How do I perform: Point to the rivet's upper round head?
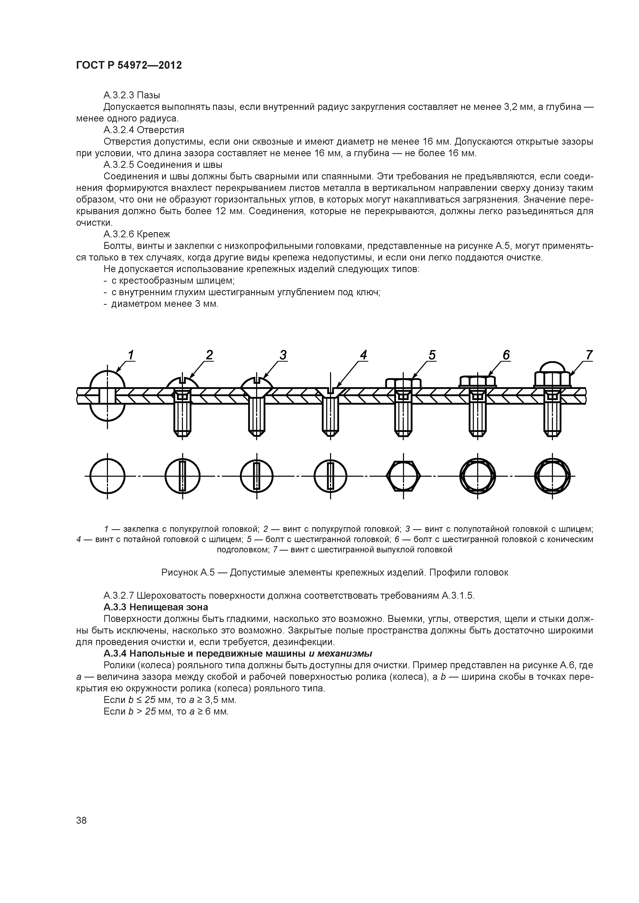(x=107, y=378)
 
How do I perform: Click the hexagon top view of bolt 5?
(x=403, y=476)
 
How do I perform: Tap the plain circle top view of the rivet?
(x=107, y=476)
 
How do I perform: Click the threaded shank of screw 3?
(x=256, y=418)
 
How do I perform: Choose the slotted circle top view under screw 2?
(x=182, y=476)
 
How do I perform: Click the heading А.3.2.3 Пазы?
(x=131, y=95)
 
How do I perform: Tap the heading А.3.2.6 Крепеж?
(x=137, y=235)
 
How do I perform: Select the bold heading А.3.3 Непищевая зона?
(x=156, y=607)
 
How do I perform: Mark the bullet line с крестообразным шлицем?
(x=172, y=281)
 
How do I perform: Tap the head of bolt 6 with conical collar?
(x=478, y=380)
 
